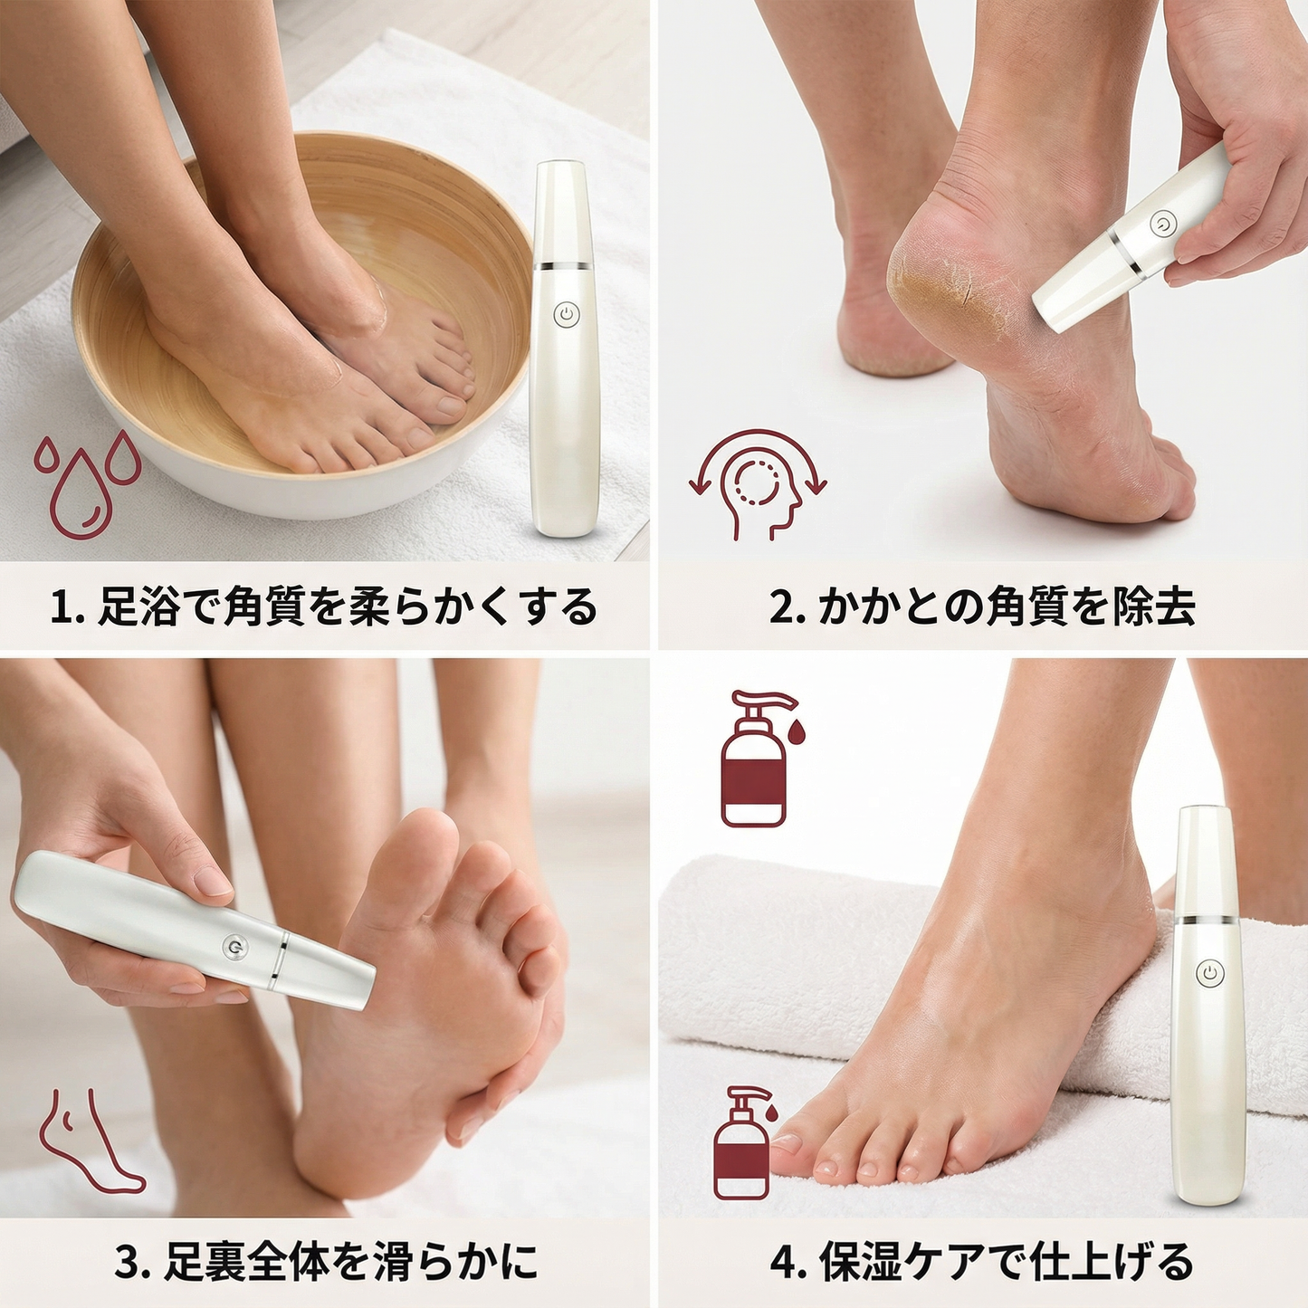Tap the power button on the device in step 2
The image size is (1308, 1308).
[x=1162, y=224]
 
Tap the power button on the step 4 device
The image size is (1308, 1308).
[x=1209, y=973]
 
